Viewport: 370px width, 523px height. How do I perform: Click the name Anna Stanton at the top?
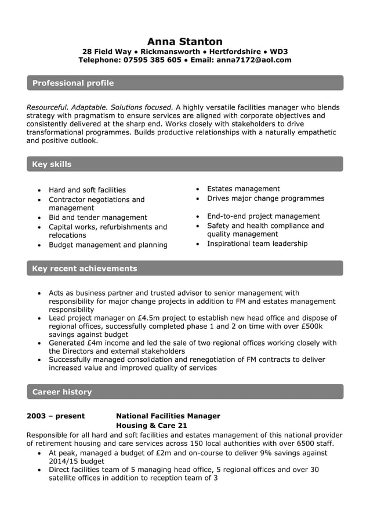coord(184,41)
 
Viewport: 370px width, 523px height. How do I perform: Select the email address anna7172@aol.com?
coord(253,60)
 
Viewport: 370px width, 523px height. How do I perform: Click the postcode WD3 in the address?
coord(278,51)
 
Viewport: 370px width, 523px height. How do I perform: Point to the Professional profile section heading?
coord(73,83)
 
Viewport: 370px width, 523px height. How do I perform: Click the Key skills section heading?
coord(52,164)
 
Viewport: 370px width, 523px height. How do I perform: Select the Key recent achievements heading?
coord(85,268)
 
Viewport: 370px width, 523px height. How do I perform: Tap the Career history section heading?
coord(62,392)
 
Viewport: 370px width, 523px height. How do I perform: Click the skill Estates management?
coord(243,188)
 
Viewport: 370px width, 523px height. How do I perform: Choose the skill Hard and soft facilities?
coord(87,190)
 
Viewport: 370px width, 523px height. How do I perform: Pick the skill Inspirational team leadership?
coord(257,244)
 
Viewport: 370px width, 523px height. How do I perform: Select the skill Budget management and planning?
coord(108,245)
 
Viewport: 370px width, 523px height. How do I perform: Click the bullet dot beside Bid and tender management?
coord(39,218)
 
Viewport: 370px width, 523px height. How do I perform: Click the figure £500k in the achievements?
coord(311,326)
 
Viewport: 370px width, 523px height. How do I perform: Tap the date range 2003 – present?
coord(56,416)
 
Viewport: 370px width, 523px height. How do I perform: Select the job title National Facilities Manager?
coord(168,416)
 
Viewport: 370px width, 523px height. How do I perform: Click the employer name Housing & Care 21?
coord(152,426)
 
